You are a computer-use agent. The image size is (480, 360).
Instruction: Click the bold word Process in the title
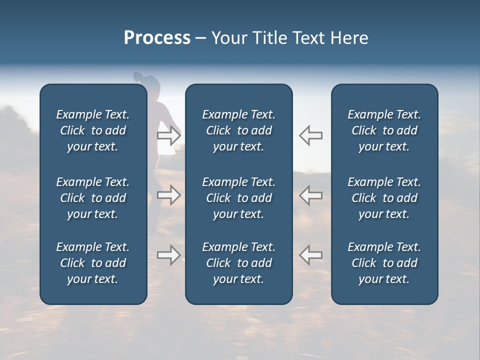point(157,38)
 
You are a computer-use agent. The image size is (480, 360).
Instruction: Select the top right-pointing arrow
point(169,135)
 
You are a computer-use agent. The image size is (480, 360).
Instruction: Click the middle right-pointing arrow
point(169,195)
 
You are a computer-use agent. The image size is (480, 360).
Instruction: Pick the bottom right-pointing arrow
point(169,255)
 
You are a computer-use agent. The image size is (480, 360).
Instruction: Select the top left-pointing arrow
point(310,135)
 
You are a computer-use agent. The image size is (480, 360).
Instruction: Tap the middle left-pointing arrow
point(310,195)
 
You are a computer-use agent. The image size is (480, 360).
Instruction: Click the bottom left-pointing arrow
point(310,255)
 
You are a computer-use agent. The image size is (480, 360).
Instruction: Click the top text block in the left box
point(93,130)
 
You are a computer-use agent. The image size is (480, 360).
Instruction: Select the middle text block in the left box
point(93,198)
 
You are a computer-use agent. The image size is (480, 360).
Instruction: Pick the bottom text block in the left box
point(93,263)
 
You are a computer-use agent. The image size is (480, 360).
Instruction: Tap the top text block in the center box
point(238,130)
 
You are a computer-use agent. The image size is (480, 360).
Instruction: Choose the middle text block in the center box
point(238,198)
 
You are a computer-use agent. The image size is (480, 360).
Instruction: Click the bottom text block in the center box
point(238,263)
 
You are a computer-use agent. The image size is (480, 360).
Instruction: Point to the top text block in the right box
point(384,130)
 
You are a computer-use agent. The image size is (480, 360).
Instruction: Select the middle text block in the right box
point(384,198)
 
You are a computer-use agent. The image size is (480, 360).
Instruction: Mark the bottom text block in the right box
point(384,263)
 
